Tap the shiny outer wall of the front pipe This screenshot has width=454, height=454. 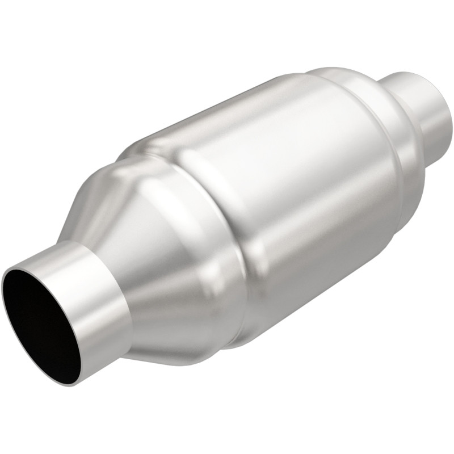click(x=102, y=318)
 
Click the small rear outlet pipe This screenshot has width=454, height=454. click(x=420, y=113)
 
